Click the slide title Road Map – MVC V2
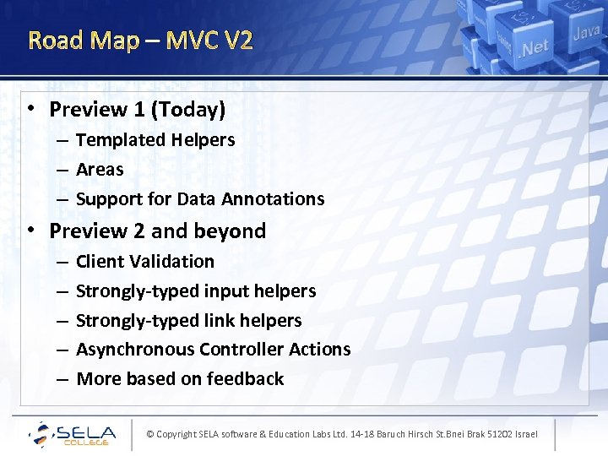tap(140, 40)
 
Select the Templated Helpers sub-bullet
tap(155, 140)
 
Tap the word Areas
tap(100, 170)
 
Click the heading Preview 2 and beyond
tap(158, 231)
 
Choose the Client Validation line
tap(145, 262)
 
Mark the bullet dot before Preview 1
tap(30, 108)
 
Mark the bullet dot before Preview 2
tap(30, 230)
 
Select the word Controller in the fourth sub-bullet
tap(245, 350)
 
